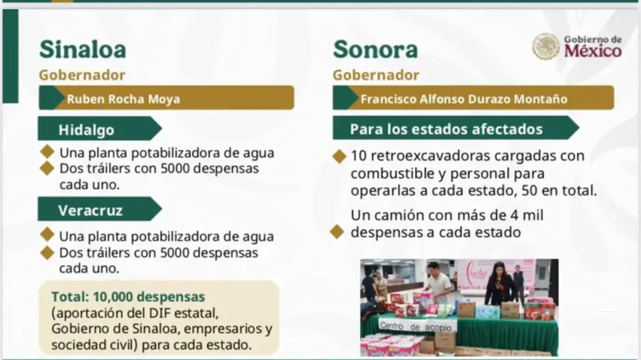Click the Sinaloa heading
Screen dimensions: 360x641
point(82,49)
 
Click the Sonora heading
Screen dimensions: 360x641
point(375,49)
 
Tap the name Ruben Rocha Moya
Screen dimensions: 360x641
point(123,99)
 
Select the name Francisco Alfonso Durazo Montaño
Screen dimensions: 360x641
point(464,99)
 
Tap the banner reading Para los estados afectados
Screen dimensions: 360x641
point(447,128)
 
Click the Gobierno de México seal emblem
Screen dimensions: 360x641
point(545,47)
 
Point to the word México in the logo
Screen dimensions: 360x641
point(592,51)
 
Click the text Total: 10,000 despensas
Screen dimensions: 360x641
point(128,297)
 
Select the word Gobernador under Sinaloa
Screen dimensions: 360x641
point(82,74)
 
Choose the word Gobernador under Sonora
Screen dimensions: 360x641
point(376,75)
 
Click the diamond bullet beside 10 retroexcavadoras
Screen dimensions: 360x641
point(338,157)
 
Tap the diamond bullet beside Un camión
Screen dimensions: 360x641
point(337,231)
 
